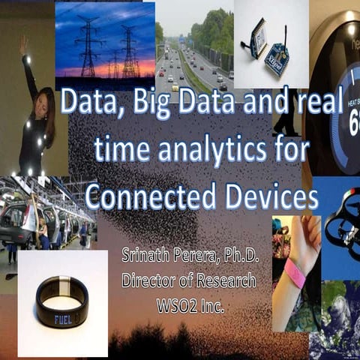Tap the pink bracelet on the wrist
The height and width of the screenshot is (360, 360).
(294, 274)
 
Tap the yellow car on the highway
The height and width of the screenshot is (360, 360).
(175, 87)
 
